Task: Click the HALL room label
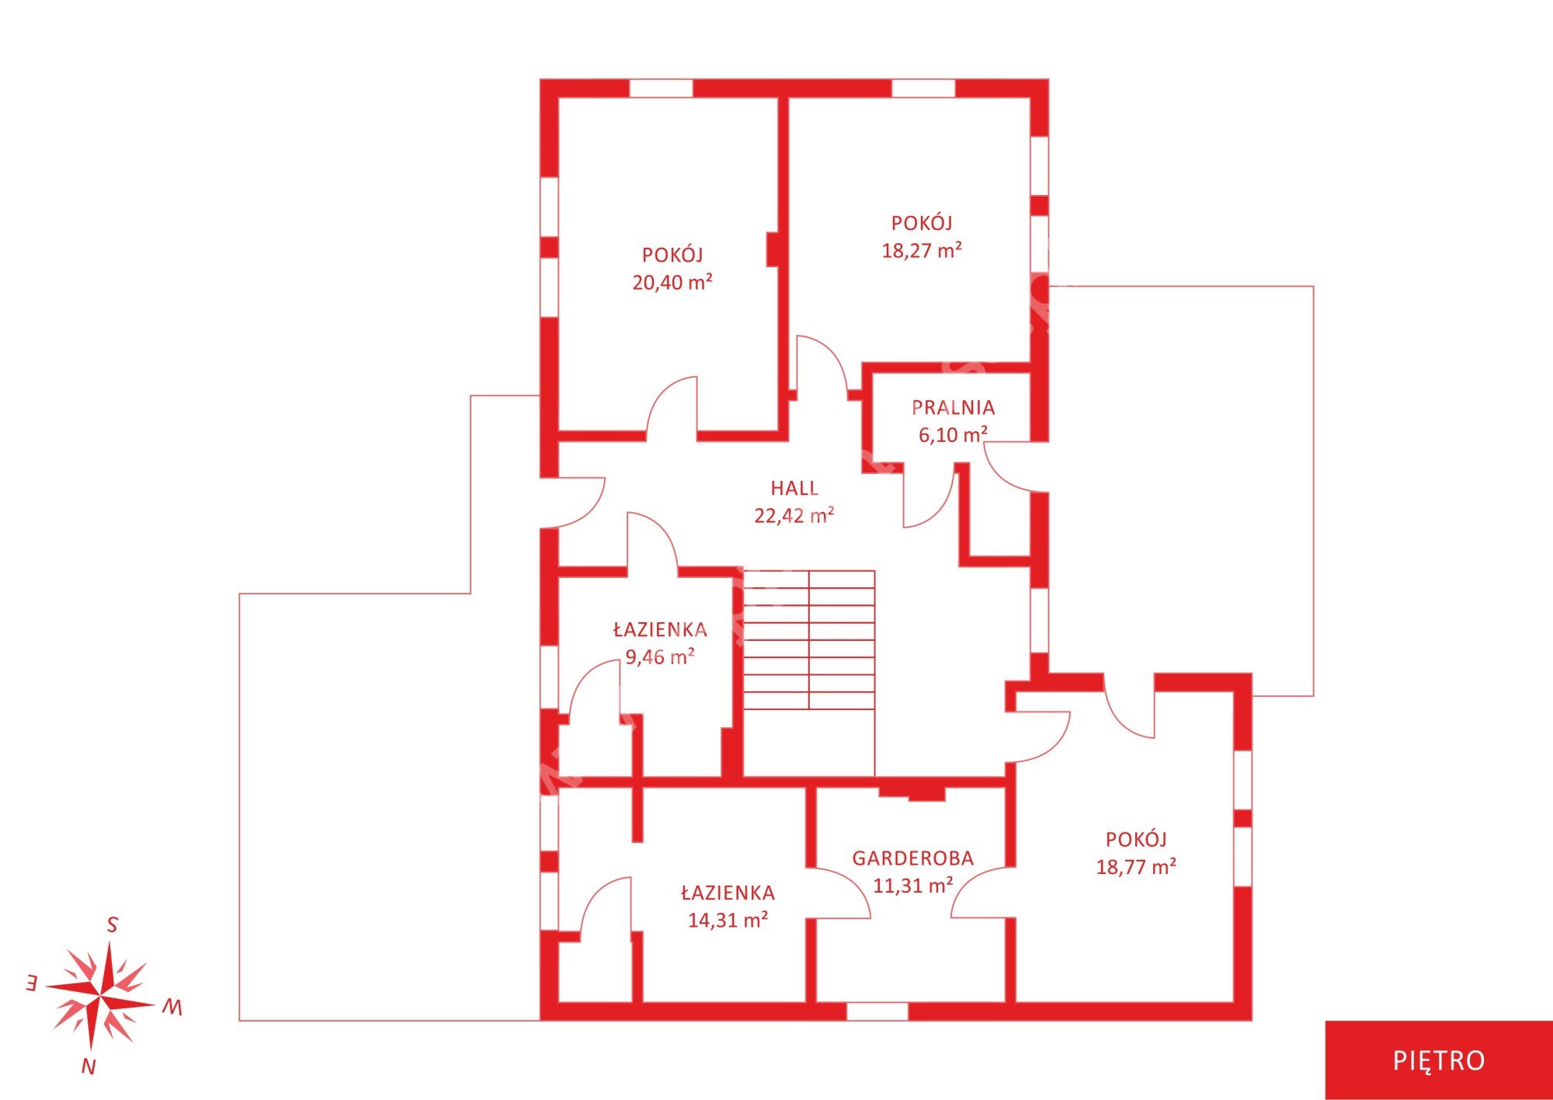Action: pyautogui.click(x=794, y=488)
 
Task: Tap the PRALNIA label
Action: pyautogui.click(x=953, y=407)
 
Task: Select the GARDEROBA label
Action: pyautogui.click(x=912, y=858)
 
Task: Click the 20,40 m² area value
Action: pyautogui.click(x=672, y=282)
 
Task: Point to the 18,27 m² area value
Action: pyautogui.click(x=922, y=250)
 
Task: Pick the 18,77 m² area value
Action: pyautogui.click(x=1136, y=866)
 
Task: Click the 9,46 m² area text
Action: pyautogui.click(x=660, y=657)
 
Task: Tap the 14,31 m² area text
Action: pyautogui.click(x=728, y=920)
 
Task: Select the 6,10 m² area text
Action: pyautogui.click(x=953, y=434)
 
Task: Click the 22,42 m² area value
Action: pyautogui.click(x=794, y=515)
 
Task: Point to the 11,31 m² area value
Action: pyautogui.click(x=912, y=885)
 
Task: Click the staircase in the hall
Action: pyautogui.click(x=809, y=640)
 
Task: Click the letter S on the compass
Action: pyautogui.click(x=112, y=925)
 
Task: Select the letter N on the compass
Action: pyautogui.click(x=89, y=1067)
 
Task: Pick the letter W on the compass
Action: pyautogui.click(x=172, y=1008)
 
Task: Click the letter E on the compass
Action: pyautogui.click(x=31, y=983)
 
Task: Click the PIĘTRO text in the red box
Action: pyautogui.click(x=1439, y=1060)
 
